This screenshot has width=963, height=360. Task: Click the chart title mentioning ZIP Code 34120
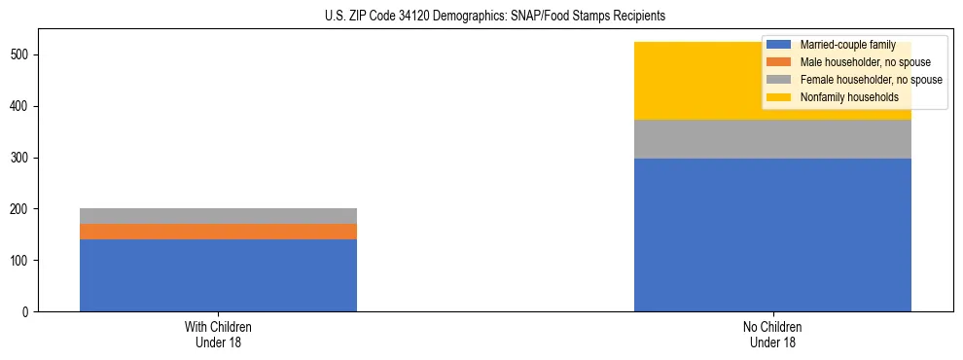tap(481, 17)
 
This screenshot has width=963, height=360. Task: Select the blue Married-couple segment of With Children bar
tap(218, 275)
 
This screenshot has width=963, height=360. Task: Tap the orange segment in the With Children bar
tap(218, 232)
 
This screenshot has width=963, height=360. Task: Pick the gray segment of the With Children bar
tap(218, 216)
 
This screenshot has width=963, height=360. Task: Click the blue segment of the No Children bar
tap(772, 234)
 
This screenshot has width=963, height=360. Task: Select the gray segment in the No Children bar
tap(772, 139)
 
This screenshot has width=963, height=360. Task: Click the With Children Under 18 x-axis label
tap(218, 334)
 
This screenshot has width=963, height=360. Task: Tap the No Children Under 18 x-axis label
tap(772, 334)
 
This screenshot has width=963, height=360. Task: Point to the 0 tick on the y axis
tap(29, 312)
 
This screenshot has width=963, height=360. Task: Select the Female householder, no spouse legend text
tap(871, 80)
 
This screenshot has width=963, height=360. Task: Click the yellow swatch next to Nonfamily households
tap(779, 97)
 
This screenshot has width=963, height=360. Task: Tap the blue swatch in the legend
tap(779, 46)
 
